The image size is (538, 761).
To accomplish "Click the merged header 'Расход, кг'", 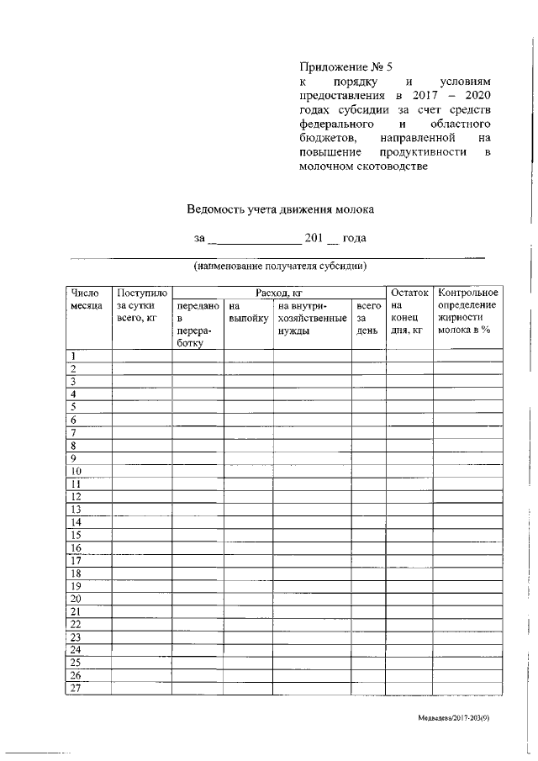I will coord(278,293).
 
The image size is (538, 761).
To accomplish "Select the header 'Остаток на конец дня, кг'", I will coord(409,311).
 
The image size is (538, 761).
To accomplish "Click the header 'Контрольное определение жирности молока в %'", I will coord(468,311).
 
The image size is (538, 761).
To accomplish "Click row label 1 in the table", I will coord(74,356).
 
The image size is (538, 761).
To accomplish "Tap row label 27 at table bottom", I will coord(76,688).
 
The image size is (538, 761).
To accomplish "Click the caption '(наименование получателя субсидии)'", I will coord(280,267).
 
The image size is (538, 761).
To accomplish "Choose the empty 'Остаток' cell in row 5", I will coord(409,407).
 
